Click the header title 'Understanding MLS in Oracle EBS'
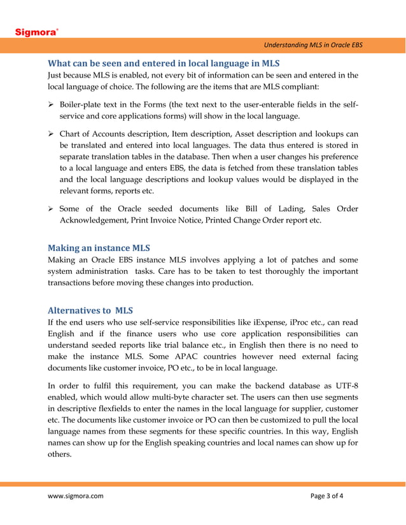click(x=313, y=45)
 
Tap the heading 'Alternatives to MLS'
click(x=90, y=310)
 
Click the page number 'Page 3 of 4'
click(x=326, y=496)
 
